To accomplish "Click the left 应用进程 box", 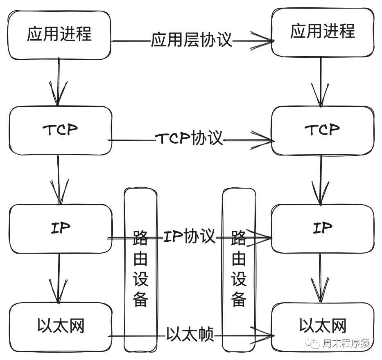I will click(60, 34).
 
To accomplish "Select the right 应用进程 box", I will click(322, 32).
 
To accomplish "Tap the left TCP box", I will click(60, 130).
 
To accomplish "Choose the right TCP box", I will click(322, 130).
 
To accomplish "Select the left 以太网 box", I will click(60, 326).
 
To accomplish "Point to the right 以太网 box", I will click(322, 326).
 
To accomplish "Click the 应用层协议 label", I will click(192, 40).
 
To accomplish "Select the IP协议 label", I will click(189, 237).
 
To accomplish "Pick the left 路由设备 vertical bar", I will click(140, 270).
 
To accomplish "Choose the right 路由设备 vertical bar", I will click(239, 270).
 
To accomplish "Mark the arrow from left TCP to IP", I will click(59, 180).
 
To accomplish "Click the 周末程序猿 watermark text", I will click(346, 344).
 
